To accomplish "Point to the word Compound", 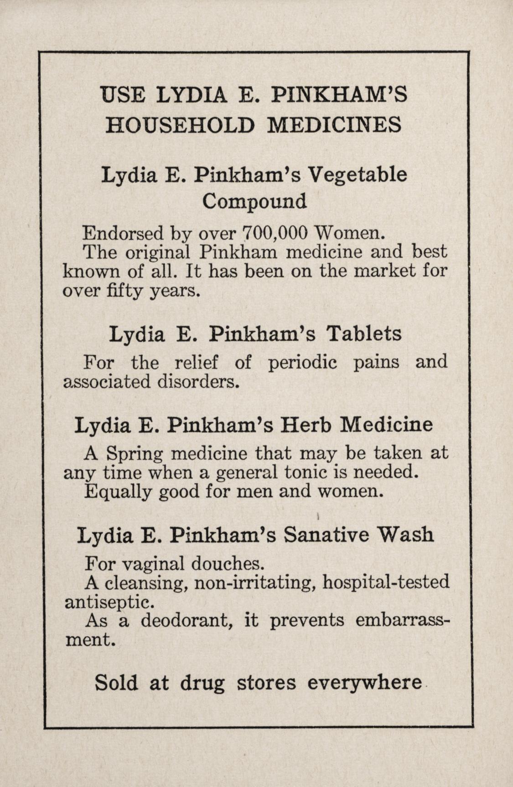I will (254, 201).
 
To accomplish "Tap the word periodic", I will (302, 363).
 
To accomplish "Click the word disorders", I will (198, 381).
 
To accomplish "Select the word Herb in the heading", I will (306, 424).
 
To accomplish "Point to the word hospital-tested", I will (386, 583).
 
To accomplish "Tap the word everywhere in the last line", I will (364, 683).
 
